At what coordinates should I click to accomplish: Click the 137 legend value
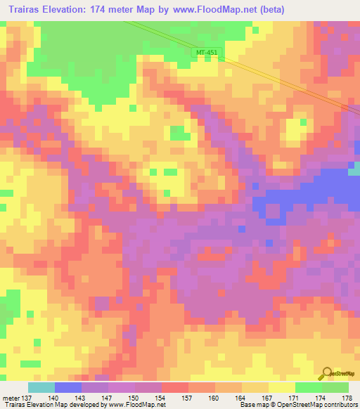coord(28,398)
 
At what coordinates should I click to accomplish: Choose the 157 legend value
coord(188,398)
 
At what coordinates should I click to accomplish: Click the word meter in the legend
coord(11,398)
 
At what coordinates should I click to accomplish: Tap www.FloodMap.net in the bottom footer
coord(137,405)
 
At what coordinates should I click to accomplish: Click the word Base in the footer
coord(247,405)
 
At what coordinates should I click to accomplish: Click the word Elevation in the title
coord(66,9)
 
